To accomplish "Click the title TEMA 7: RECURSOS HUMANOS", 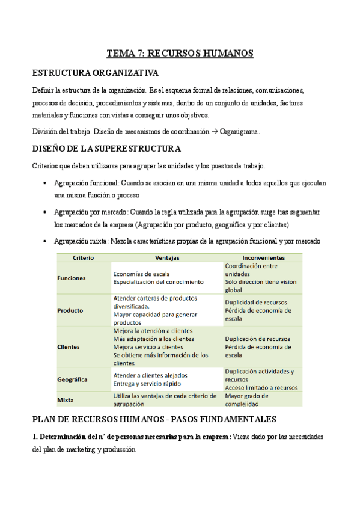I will [x=180, y=54].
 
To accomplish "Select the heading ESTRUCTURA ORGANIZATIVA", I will [x=95, y=73].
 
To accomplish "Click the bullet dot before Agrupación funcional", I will [x=46, y=183].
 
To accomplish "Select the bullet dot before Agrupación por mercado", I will [x=46, y=212].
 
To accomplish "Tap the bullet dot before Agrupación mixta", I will [x=46, y=241].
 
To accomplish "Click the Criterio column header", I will [x=83, y=257].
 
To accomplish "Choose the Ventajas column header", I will [x=166, y=257].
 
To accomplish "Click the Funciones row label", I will [x=72, y=278].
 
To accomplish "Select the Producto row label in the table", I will [x=70, y=310].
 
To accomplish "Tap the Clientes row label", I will [x=69, y=347].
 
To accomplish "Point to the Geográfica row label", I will [x=73, y=379].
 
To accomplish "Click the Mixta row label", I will [x=66, y=400].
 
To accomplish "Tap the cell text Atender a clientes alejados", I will [x=150, y=375].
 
